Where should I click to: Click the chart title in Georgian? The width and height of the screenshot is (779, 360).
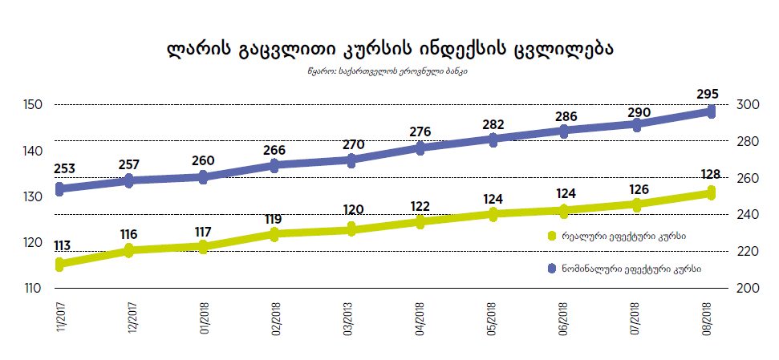pyautogui.click(x=389, y=49)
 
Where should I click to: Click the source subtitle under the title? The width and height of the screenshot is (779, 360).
pyautogui.click(x=389, y=71)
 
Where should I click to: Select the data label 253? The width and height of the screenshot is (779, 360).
pyautogui.click(x=66, y=169)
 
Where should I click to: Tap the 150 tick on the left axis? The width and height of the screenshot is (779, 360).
pyautogui.click(x=34, y=105)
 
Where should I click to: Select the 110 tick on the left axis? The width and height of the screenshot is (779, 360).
pyautogui.click(x=34, y=288)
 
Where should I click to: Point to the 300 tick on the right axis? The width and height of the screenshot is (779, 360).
pyautogui.click(x=747, y=105)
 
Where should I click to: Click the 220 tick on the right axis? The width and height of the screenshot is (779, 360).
pyautogui.click(x=747, y=251)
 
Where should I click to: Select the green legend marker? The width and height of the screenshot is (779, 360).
pyautogui.click(x=551, y=236)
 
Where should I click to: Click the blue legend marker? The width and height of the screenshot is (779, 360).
pyautogui.click(x=551, y=267)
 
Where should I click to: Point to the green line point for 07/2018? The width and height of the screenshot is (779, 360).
pyautogui.click(x=637, y=204)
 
